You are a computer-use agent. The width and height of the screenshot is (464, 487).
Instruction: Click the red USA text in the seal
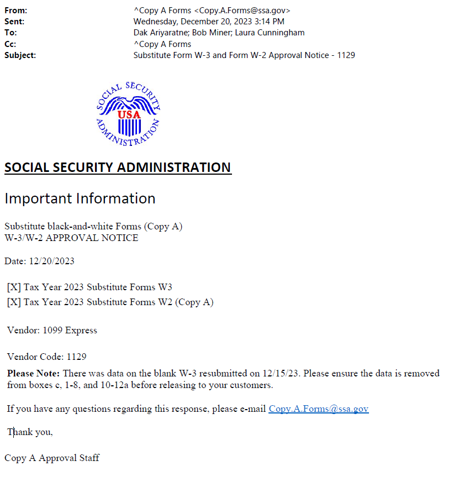(128, 114)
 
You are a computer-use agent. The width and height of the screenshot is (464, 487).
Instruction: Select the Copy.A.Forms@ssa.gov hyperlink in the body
(318, 409)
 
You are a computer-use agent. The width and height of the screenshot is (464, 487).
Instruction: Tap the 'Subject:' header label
(20, 55)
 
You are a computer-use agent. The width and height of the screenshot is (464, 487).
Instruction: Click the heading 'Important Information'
(80, 198)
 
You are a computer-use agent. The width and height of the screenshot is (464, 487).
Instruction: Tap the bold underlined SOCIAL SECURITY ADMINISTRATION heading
(118, 167)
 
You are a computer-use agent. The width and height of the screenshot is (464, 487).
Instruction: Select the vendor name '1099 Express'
(70, 331)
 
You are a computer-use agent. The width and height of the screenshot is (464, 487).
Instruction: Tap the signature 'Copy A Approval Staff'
(52, 458)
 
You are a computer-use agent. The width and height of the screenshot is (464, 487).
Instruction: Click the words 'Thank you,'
(30, 432)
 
